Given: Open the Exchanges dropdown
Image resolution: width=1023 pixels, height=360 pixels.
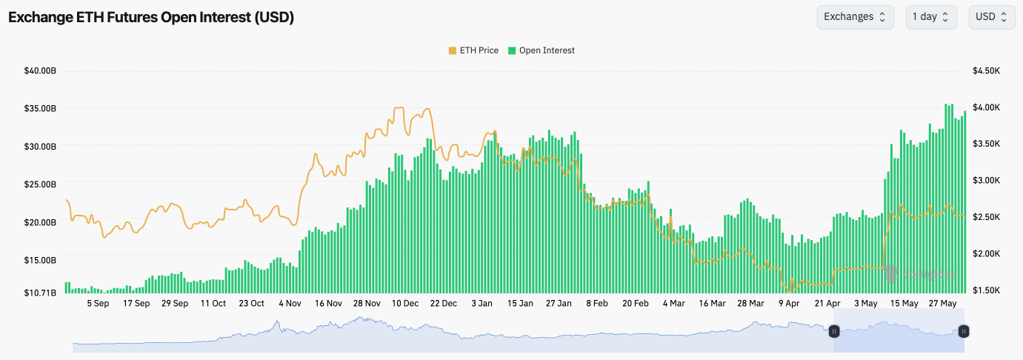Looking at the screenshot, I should coord(855,17).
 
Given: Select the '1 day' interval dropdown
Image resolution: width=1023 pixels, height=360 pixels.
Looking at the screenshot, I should coord(930,17).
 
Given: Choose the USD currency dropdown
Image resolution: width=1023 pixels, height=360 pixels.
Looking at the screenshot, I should coord(991,17).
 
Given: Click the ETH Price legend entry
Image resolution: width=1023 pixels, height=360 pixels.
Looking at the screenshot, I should coord(473,50).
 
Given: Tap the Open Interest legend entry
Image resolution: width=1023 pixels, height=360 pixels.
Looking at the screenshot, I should coord(541,50).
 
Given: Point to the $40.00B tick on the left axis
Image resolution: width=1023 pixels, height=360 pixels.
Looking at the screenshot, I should coord(40,71).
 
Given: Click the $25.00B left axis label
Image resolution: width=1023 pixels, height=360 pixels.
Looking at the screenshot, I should coord(40,184).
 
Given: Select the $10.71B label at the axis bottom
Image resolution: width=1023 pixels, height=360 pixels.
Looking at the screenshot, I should coord(40,293).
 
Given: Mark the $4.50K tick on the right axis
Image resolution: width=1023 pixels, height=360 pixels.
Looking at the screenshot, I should coord(987,71).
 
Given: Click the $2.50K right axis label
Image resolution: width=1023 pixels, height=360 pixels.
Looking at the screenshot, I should coord(987,217).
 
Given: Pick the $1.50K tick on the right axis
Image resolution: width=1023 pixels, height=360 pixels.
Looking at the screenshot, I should coord(987,290).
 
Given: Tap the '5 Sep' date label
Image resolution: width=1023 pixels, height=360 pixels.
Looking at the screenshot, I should coord(98,304).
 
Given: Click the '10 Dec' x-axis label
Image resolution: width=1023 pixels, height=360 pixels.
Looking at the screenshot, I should coord(405,304).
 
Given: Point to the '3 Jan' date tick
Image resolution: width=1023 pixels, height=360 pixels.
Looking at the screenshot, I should coord(482,304).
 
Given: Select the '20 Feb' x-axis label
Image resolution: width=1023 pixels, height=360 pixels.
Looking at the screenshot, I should coord(636,304).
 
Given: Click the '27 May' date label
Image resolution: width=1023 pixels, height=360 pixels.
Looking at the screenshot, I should coord(943,304).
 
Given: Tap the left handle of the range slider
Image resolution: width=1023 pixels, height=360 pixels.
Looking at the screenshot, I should coord(834,331).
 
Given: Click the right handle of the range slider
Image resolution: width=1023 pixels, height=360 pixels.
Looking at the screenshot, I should coord(964,331).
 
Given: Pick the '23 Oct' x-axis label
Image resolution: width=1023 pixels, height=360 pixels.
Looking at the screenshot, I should coord(251,304).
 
